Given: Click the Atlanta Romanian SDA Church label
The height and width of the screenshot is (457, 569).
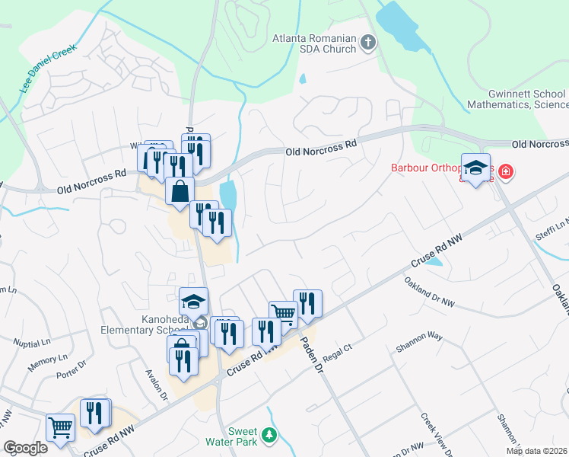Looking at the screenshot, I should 315,43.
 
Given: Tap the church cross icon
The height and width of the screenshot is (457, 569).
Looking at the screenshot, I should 368,43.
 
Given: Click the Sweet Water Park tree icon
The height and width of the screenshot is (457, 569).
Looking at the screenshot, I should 267,435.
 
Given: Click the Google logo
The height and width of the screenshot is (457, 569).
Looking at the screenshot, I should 25,448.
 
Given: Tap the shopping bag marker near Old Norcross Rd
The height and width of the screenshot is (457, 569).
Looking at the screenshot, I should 180,193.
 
